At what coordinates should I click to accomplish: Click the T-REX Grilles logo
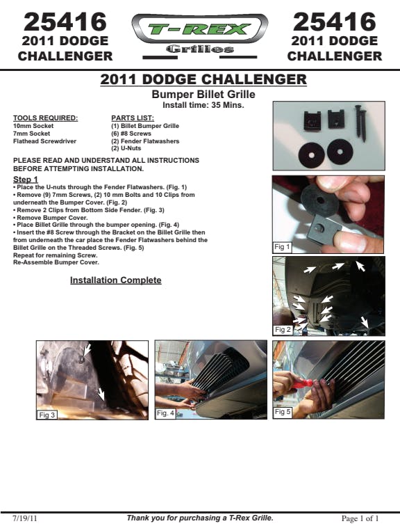[200, 36]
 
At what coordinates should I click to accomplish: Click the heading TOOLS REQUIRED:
[46, 118]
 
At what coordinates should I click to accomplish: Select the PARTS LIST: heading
[133, 118]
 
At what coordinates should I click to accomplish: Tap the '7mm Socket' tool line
[31, 134]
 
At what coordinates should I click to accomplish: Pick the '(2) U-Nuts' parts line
[126, 148]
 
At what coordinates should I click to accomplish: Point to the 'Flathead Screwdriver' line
[44, 141]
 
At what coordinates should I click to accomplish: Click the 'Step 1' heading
[26, 180]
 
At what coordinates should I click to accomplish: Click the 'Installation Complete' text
[116, 280]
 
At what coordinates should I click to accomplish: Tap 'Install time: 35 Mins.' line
[203, 105]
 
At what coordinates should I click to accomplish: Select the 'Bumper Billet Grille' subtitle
[203, 94]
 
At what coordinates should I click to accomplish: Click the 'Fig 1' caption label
[282, 247]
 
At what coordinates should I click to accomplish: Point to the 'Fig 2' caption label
[282, 330]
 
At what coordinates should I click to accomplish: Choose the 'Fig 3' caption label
[47, 415]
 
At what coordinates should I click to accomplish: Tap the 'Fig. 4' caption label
[165, 413]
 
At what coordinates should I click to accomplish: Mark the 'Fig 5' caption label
[282, 412]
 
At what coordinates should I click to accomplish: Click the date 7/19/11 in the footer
[25, 518]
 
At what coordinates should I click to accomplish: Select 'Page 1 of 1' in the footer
[360, 518]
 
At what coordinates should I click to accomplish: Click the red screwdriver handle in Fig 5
[302, 383]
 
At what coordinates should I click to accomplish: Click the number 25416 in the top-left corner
[65, 22]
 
